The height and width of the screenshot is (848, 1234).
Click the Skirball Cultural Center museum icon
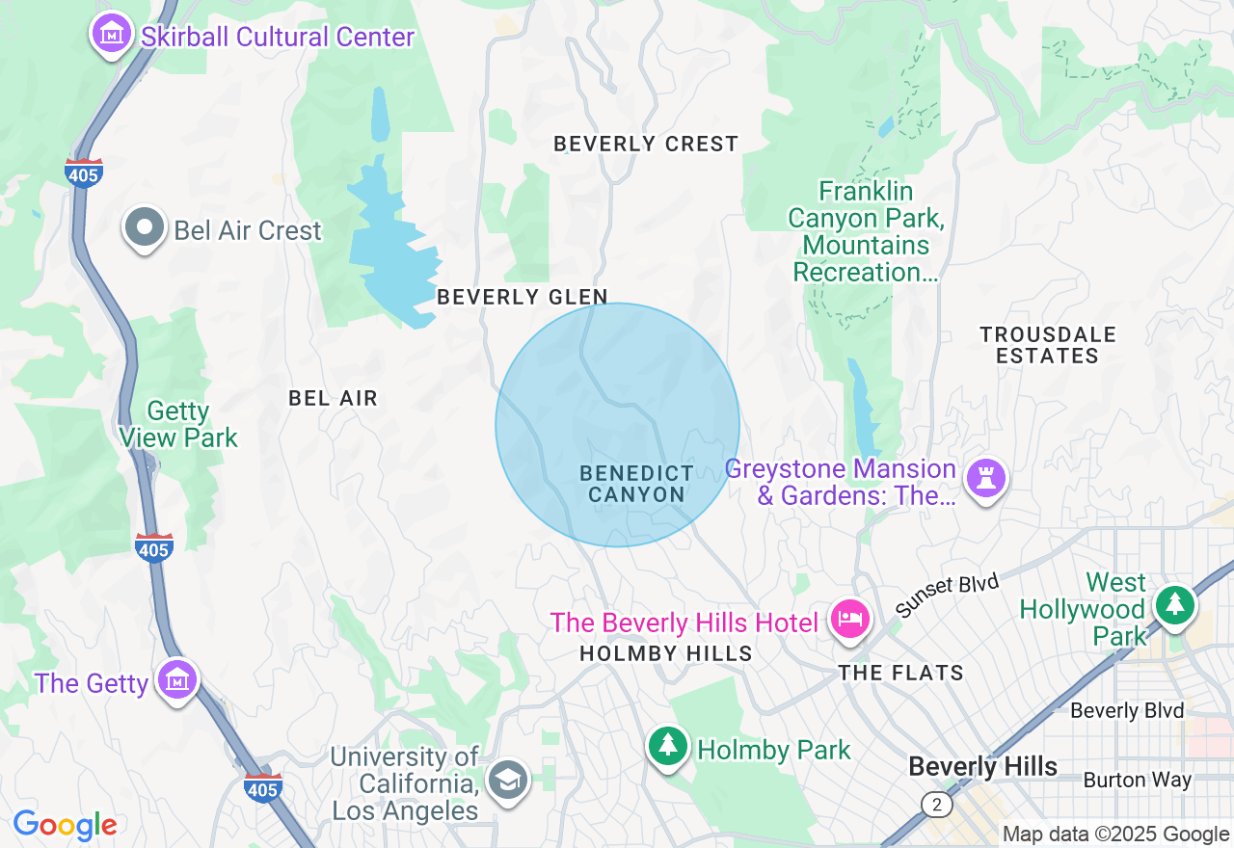(x=112, y=34)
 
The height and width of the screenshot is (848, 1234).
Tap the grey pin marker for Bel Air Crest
(x=146, y=228)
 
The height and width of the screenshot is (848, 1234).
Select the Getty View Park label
(x=178, y=424)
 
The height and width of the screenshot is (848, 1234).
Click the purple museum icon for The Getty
(x=177, y=679)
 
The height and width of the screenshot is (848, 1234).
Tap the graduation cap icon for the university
(x=507, y=779)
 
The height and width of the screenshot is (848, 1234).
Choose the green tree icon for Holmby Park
(x=666, y=746)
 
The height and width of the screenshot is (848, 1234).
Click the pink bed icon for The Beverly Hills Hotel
(x=849, y=620)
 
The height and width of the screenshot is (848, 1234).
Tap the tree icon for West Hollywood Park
(x=1173, y=605)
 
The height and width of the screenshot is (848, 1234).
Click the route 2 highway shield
(x=934, y=804)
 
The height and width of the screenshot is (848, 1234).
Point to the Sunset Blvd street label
(x=947, y=596)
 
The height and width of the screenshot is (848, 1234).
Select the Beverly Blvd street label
(x=1126, y=711)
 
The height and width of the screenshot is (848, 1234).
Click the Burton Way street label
(x=1137, y=780)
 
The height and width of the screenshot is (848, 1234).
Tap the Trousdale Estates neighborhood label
(x=1048, y=345)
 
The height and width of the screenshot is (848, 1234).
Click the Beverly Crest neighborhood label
(x=646, y=144)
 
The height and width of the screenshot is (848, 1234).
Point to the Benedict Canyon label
(x=636, y=484)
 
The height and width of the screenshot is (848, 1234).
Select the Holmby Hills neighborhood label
(x=665, y=653)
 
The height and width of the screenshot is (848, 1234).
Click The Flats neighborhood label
(x=900, y=673)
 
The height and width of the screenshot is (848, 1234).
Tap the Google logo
(x=66, y=825)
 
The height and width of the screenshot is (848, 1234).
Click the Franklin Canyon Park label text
(x=866, y=231)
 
